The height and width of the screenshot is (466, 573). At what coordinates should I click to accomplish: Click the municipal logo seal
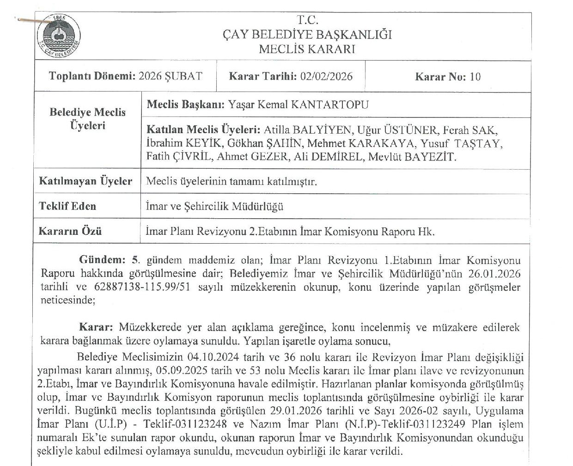(58, 37)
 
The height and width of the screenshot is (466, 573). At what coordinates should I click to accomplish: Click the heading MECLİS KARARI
(307, 49)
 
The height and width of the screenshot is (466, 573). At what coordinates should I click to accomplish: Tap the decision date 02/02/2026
(326, 76)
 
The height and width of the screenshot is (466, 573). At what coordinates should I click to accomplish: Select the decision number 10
(475, 77)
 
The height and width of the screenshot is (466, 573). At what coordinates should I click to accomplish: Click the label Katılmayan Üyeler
(86, 181)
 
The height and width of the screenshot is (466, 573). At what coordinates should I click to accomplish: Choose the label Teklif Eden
(67, 206)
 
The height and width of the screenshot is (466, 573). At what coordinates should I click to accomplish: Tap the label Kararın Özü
(70, 231)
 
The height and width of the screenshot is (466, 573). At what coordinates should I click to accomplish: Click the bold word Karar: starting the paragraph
(96, 327)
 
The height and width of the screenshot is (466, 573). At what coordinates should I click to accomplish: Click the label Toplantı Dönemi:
(92, 76)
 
